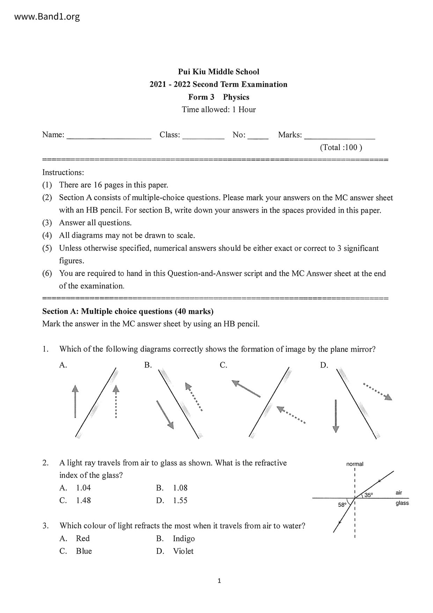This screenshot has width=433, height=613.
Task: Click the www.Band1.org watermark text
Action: (x=47, y=16)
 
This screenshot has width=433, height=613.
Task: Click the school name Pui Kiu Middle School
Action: (x=219, y=72)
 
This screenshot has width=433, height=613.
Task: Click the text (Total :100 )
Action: (x=341, y=147)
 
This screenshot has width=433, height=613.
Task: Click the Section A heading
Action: (x=128, y=311)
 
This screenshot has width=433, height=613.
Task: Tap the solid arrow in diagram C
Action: (x=246, y=389)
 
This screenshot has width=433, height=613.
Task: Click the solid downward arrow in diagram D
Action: (x=336, y=416)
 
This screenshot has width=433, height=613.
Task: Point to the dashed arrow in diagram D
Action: (x=378, y=391)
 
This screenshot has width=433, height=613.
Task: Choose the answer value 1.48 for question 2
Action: (x=83, y=500)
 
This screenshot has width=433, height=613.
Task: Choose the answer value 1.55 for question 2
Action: (x=180, y=500)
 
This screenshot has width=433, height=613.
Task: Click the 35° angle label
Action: (x=369, y=495)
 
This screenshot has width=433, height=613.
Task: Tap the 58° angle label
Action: (x=342, y=505)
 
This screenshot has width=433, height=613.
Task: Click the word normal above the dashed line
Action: (x=355, y=464)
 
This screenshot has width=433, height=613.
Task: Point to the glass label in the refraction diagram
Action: (x=402, y=503)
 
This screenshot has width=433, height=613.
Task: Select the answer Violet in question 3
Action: (x=183, y=551)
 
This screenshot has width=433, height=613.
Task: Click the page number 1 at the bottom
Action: (x=219, y=581)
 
